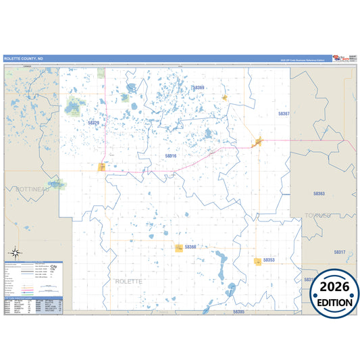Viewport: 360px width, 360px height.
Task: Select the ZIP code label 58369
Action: point(198,88)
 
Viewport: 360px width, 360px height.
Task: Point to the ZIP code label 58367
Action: point(284,113)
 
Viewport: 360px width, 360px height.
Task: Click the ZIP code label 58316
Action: point(171,156)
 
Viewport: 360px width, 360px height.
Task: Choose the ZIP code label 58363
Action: point(319,194)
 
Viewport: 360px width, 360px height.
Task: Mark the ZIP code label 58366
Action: point(190,247)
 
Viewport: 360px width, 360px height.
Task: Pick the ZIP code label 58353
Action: point(269,259)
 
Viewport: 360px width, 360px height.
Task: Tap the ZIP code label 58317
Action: point(339,252)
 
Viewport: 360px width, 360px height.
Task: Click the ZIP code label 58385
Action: point(239,312)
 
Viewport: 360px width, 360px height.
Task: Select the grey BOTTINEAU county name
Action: point(32,190)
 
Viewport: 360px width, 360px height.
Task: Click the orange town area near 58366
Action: point(179,248)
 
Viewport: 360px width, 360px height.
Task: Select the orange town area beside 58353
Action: point(257,261)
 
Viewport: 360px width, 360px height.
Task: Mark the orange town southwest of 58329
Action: point(102,167)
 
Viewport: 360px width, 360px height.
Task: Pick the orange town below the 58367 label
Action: point(257,141)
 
